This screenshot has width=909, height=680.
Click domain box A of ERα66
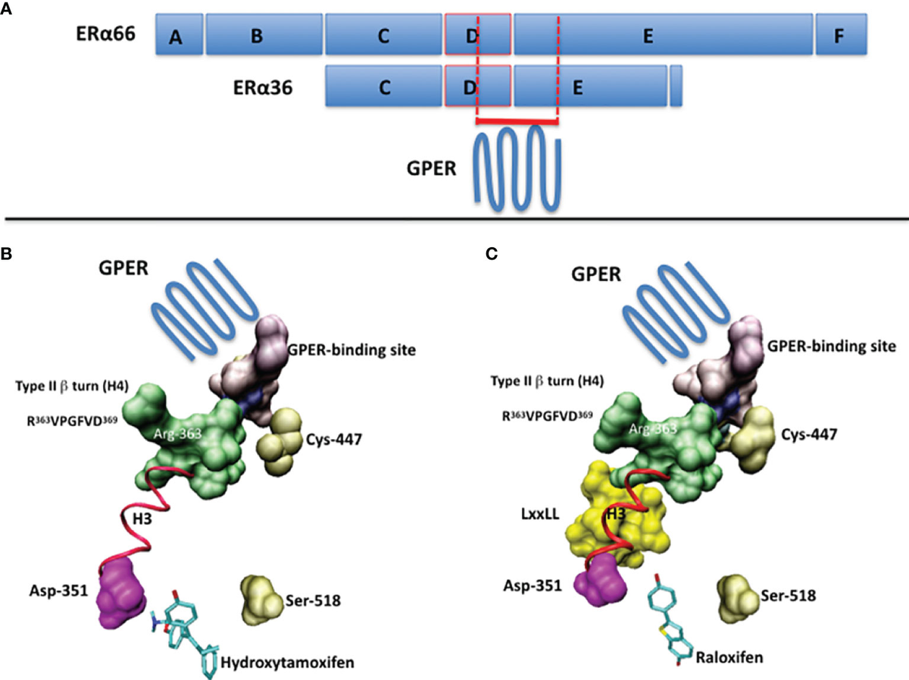click(179, 35)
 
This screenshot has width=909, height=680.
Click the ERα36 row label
click(262, 86)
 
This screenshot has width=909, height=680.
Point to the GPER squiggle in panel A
click(518, 167)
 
